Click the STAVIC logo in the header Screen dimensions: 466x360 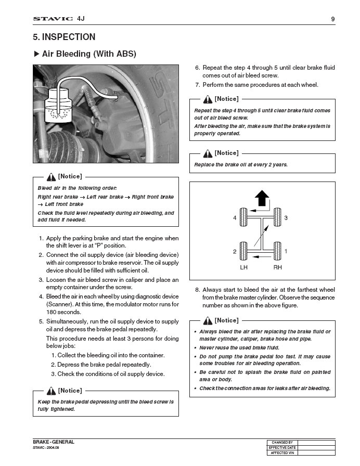pyautogui.click(x=53, y=19)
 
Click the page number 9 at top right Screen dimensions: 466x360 pyautogui.click(x=333, y=19)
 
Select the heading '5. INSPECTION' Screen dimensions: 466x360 pyautogui.click(x=64, y=37)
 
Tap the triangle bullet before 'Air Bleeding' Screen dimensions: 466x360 pyautogui.click(x=36, y=54)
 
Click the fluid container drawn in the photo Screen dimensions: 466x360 pyautogui.click(x=59, y=106)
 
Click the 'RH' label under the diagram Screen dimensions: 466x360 pyautogui.click(x=277, y=267)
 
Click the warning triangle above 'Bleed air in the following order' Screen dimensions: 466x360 pyautogui.click(x=51, y=177)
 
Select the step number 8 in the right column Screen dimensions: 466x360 pyautogui.click(x=197, y=290)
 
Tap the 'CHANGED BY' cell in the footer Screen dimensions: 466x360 pyautogui.click(x=282, y=443)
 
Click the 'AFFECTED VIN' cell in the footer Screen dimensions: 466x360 pyautogui.click(x=282, y=453)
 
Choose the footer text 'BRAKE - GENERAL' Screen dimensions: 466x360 pyautogui.click(x=54, y=442)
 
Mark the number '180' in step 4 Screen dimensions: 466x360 pyautogui.click(x=52, y=312)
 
